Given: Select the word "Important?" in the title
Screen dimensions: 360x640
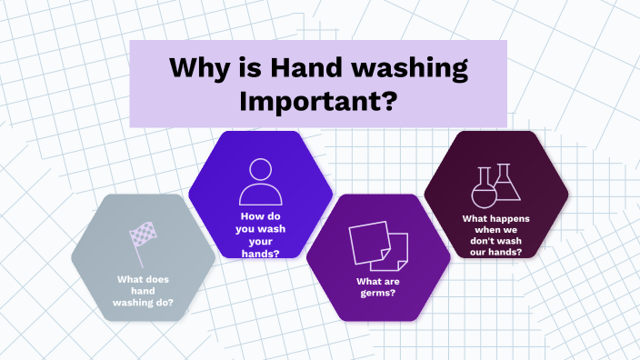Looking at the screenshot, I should coord(317,99).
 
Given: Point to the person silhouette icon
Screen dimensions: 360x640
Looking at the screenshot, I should coord(260,182).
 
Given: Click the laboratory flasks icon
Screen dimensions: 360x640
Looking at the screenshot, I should coord(495,185).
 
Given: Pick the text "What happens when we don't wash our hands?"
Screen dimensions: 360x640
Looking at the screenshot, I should coord(495,235).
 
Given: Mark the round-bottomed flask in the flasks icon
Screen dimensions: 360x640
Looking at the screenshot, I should coord(481,192).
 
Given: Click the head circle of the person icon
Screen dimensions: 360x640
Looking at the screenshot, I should coord(260,170).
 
